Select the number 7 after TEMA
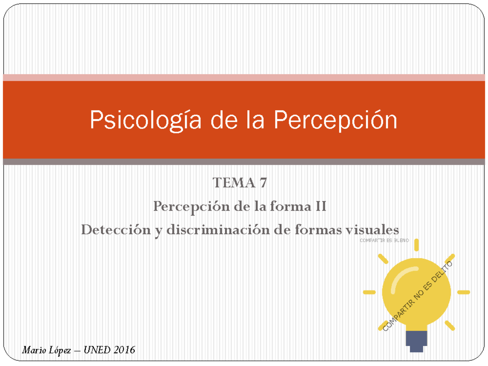(264, 183)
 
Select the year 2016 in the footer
(124, 350)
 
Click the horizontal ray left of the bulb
(369, 292)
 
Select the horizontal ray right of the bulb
(464, 292)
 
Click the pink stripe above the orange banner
(244, 78)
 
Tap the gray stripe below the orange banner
(244, 162)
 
